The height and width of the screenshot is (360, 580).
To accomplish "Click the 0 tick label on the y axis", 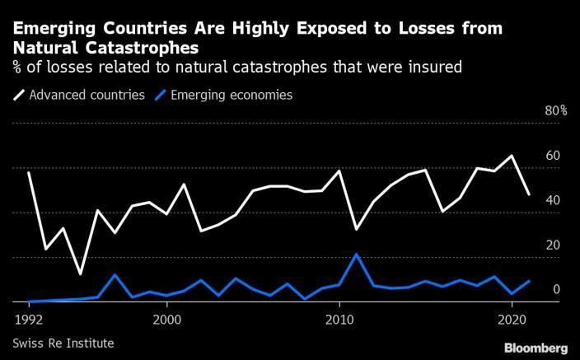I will pyautogui.click(x=556, y=289).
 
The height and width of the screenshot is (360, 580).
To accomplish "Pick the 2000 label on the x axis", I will pyautogui.click(x=167, y=318).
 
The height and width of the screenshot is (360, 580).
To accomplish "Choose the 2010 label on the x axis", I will pyautogui.click(x=339, y=318).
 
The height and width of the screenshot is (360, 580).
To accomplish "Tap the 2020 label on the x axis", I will pyautogui.click(x=512, y=318).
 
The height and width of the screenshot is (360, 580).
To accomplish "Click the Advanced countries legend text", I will pyautogui.click(x=87, y=96).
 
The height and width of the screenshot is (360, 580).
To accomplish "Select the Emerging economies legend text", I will pyautogui.click(x=231, y=96).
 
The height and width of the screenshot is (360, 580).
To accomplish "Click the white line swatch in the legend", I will pyautogui.click(x=17, y=96).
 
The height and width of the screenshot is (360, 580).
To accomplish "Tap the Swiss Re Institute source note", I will pyautogui.click(x=63, y=342).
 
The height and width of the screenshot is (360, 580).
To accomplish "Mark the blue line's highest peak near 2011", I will pyautogui.click(x=356, y=254).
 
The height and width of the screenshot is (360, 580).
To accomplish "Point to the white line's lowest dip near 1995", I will pyautogui.click(x=80, y=274).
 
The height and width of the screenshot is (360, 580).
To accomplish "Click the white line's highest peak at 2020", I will pyautogui.click(x=512, y=156).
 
